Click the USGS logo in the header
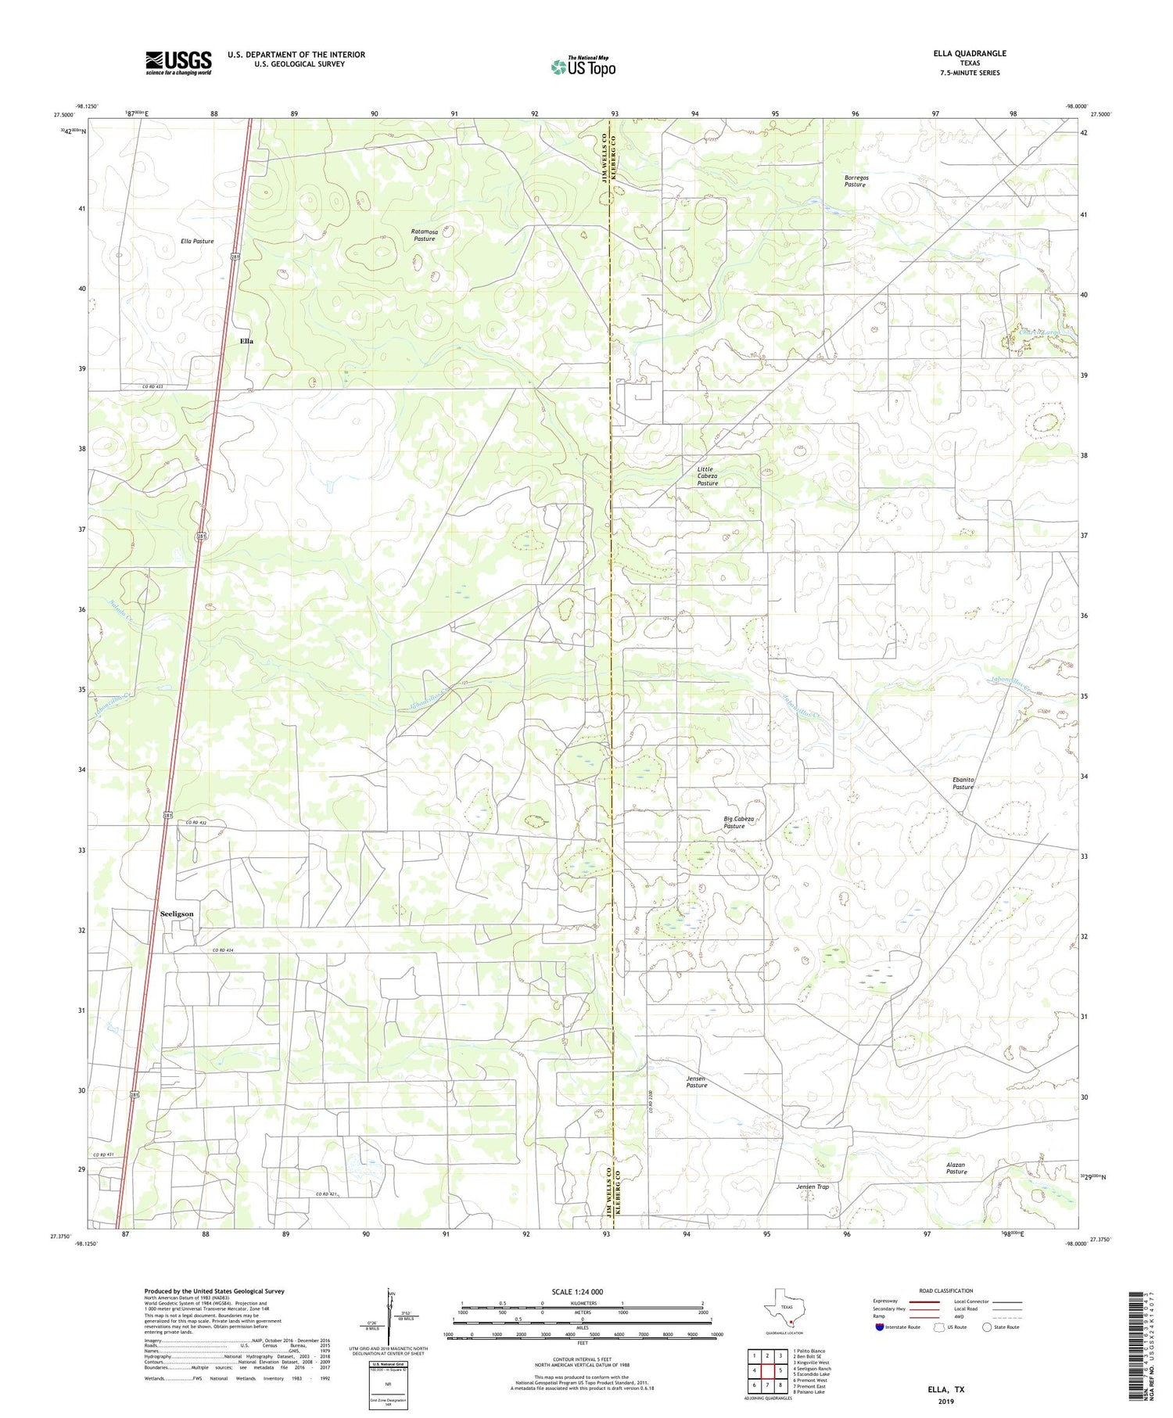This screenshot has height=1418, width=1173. coord(178,63)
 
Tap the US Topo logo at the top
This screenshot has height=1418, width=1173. coord(583,67)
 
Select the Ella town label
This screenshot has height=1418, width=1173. coord(246,341)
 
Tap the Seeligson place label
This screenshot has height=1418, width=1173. coord(177,914)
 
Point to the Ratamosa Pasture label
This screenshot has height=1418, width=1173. coord(425,235)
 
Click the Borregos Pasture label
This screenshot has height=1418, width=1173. coord(856,181)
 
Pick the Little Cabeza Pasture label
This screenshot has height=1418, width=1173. coord(708,476)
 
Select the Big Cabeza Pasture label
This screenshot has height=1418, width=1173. coord(738,822)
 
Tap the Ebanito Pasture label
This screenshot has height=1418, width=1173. coord(963,783)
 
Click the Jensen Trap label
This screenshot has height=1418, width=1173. coord(812,1186)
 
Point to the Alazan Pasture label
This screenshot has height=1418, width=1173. coord(956,1168)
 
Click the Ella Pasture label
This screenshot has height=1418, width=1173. coord(197,241)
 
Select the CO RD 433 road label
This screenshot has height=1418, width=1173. coord(152,386)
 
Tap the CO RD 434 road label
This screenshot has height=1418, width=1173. coord(223,950)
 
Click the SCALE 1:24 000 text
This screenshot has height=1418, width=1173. coord(577,1291)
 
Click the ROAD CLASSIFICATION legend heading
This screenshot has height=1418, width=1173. coord(946,1291)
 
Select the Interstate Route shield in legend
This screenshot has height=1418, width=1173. coord(880,1326)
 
